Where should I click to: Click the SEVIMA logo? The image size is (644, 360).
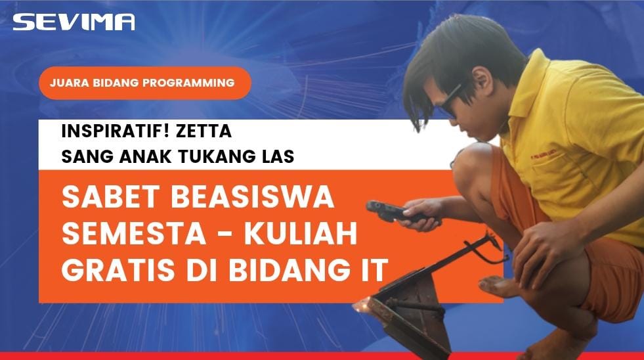[x=74, y=22]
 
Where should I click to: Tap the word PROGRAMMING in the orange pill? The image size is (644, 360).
[x=188, y=83]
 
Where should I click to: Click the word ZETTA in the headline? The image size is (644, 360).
[x=204, y=131]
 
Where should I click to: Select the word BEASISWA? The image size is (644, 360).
[x=253, y=196]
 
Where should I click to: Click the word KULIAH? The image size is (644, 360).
[x=301, y=233]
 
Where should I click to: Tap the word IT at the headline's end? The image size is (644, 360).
[x=375, y=269]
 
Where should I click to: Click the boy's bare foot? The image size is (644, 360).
[x=499, y=286]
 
